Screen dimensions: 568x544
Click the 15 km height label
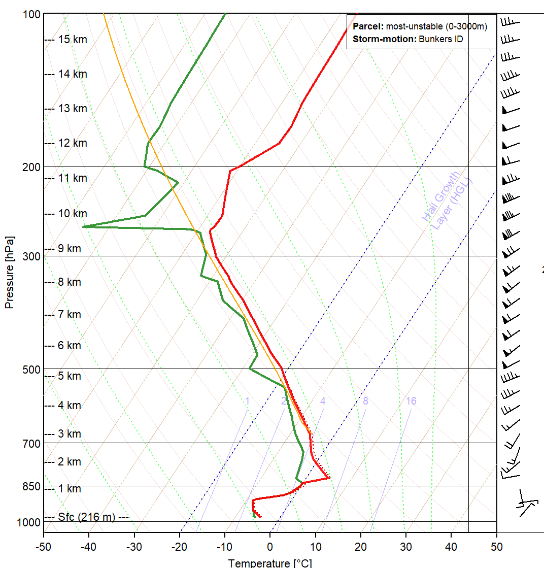pyautogui.click(x=72, y=40)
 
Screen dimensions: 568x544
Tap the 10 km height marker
pyautogui.click(x=72, y=214)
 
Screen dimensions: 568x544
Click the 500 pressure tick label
pyautogui.click(x=31, y=369)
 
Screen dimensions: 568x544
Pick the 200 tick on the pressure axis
pyautogui.click(x=31, y=167)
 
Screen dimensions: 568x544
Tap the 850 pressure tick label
pyautogui.click(x=31, y=486)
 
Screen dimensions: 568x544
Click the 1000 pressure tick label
pyautogui.click(x=28, y=522)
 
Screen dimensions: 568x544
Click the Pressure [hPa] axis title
pyautogui.click(x=9, y=272)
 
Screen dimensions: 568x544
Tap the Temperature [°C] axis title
pyautogui.click(x=269, y=562)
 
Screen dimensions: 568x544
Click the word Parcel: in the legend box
pyautogui.click(x=368, y=27)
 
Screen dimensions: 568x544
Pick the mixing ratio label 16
pyautogui.click(x=411, y=402)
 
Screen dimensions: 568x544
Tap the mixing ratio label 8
pyautogui.click(x=365, y=402)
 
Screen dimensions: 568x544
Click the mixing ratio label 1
pyautogui.click(x=247, y=402)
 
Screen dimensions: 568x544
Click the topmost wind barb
pyautogui.click(x=510, y=22)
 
